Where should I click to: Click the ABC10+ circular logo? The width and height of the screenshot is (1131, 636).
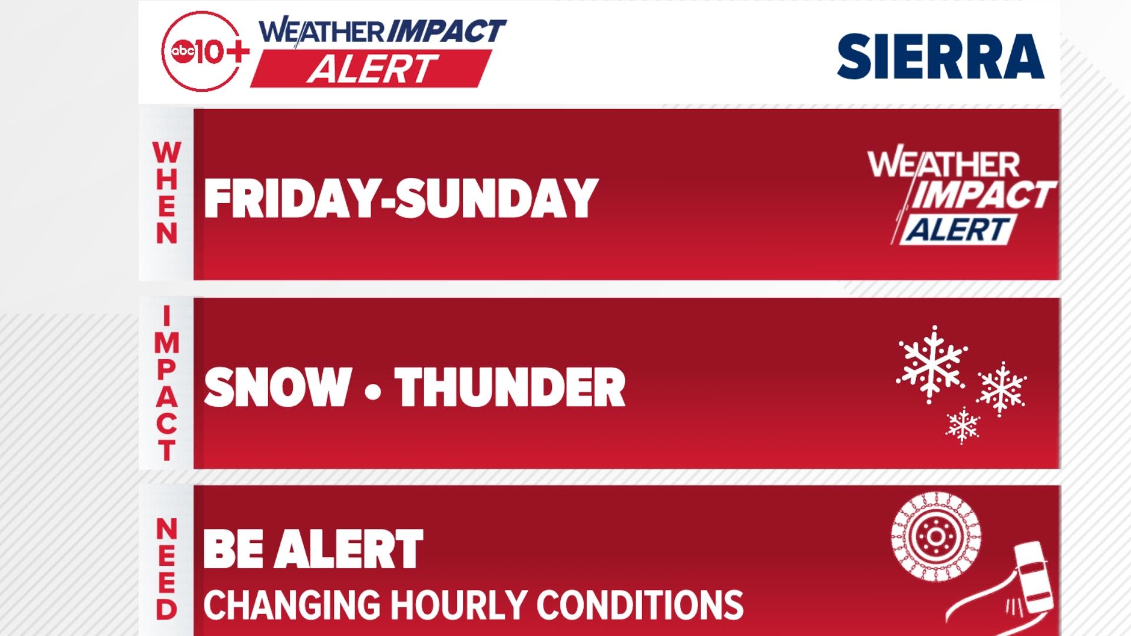(201, 51)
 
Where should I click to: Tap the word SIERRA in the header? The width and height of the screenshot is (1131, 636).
(940, 56)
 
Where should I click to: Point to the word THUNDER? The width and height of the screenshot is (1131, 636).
(510, 387)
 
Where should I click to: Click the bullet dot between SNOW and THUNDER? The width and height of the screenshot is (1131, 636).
(373, 390)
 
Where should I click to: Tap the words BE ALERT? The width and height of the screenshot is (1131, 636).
(313, 548)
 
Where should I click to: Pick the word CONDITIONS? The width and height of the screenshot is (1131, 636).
(640, 604)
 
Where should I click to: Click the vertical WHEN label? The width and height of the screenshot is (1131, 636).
(166, 193)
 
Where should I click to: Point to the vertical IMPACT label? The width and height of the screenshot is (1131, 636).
(167, 384)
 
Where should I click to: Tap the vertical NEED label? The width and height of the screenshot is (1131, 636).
(167, 569)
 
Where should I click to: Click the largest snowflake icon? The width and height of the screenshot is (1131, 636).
(931, 364)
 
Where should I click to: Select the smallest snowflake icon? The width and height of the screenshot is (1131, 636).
(963, 425)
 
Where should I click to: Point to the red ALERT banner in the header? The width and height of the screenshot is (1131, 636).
(372, 68)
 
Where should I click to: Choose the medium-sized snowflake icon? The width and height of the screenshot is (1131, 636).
(1001, 389)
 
